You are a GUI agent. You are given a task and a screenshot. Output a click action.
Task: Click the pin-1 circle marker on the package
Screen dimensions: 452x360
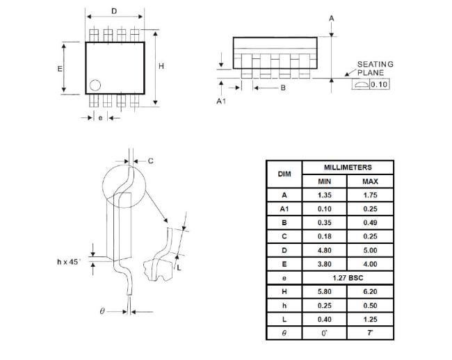tap(95, 85)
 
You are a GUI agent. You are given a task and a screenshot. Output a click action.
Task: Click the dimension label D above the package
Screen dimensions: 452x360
tap(114, 11)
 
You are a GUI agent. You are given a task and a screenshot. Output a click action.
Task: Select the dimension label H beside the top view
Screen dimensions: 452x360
tap(161, 66)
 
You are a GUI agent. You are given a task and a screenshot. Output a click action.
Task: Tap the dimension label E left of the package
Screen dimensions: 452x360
tap(60, 69)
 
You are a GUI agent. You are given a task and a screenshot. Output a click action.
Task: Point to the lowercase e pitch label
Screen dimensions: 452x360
tap(100, 117)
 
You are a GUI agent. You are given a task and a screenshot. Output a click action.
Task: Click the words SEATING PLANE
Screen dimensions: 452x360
tap(376, 68)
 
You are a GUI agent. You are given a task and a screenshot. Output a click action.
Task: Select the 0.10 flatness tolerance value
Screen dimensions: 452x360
tap(379, 84)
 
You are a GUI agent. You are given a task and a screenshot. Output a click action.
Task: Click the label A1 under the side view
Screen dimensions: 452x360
tap(221, 101)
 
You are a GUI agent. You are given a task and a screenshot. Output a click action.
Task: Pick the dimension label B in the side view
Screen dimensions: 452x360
tap(283, 88)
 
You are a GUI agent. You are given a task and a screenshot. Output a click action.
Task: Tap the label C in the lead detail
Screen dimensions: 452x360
tap(150, 161)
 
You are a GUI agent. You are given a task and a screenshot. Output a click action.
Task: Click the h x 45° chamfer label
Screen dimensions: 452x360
tap(69, 262)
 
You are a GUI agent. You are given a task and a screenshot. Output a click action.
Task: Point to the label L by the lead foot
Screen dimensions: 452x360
tap(179, 268)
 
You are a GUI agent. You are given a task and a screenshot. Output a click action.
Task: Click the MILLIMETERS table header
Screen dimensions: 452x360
tap(348, 167)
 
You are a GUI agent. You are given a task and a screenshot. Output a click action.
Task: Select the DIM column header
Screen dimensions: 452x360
tap(284, 174)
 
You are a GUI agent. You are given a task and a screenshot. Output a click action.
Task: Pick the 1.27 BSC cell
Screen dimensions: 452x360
tap(348, 278)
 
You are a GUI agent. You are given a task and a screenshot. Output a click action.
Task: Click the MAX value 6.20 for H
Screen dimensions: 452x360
tap(370, 292)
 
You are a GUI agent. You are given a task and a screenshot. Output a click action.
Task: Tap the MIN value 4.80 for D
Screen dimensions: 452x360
tap(325, 250)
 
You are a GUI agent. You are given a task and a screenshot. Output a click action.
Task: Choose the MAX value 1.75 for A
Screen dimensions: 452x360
tap(370, 195)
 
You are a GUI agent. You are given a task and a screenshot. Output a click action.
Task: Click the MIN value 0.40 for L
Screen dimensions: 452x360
tap(325, 320)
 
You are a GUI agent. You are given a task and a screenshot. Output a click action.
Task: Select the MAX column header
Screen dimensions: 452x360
tap(370, 181)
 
